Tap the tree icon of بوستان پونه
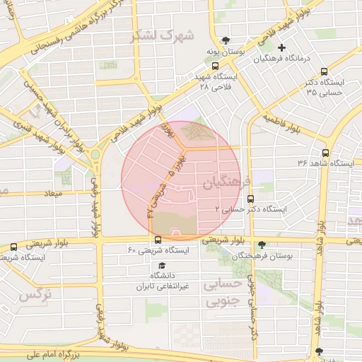[x=226, y=40]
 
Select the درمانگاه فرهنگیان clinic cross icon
[x=281, y=47]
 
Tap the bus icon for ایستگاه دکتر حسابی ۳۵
[x=324, y=71]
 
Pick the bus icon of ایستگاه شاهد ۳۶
[x=325, y=152]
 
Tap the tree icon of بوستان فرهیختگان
[x=262, y=244]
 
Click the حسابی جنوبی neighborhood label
[x=223, y=293]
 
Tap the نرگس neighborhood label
[x=35, y=294]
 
